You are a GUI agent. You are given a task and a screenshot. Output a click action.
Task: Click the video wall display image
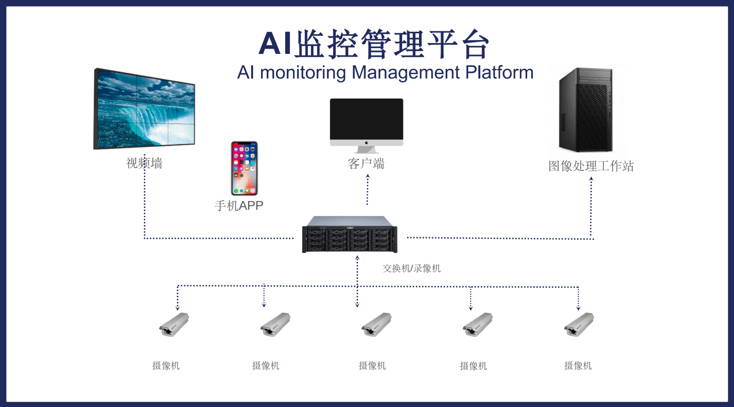click(145, 109)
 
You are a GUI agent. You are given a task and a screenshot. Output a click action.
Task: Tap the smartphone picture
click(244, 168)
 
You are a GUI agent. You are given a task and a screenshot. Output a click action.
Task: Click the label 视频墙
click(144, 163)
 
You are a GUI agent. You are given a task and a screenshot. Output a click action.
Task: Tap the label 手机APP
click(239, 206)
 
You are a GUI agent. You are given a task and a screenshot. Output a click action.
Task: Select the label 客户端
click(366, 164)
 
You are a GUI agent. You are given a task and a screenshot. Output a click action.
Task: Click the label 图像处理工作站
click(591, 166)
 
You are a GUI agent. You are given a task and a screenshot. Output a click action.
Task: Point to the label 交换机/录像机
click(412, 268)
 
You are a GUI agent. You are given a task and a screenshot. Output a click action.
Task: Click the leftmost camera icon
click(174, 324)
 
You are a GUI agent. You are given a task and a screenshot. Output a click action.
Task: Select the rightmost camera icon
click(579, 324)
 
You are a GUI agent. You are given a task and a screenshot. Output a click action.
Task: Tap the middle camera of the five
click(377, 324)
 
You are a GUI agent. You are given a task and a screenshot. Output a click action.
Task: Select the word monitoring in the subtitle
click(303, 73)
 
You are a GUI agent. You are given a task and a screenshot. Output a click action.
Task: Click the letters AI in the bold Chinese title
click(275, 44)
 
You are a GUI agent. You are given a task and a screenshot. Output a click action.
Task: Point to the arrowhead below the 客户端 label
click(368, 176)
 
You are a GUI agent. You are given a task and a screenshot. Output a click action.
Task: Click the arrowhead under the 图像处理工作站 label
click(591, 178)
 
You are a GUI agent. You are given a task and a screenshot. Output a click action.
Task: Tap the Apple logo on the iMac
click(366, 143)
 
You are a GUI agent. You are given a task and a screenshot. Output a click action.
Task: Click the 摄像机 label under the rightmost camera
click(578, 366)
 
